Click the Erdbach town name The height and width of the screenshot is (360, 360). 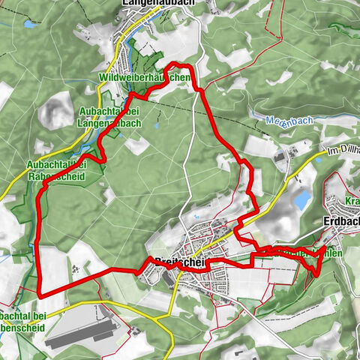point(339,223)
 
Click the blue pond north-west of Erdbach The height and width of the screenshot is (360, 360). point(301,200)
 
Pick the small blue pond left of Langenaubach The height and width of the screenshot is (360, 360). point(30,25)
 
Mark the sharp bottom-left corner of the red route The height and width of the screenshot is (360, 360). point(38,295)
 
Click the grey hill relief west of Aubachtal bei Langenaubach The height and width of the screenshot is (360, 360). point(52,112)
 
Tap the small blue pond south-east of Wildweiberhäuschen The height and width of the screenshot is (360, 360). point(157,126)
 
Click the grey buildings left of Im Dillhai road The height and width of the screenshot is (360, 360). point(283,157)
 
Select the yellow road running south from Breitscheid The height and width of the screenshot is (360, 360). point(174,300)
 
